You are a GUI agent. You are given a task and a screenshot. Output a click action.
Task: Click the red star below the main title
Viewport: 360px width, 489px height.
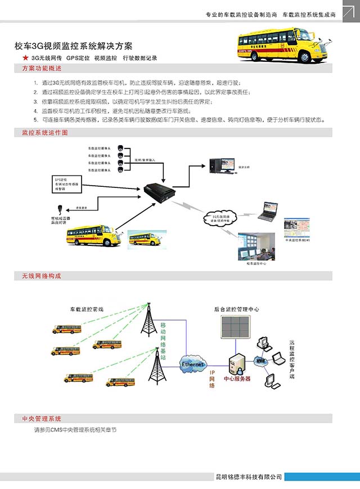pyautogui.click(x=25, y=58)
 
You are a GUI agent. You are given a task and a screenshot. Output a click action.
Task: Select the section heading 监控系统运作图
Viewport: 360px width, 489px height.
pyautogui.click(x=45, y=133)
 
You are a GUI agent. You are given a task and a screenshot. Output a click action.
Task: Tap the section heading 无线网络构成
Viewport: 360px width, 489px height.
pyautogui.click(x=42, y=276)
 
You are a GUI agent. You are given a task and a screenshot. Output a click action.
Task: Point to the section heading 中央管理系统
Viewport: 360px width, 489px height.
pyautogui.click(x=42, y=419)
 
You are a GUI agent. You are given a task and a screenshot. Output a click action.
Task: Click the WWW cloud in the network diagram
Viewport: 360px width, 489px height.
pyautogui.click(x=260, y=360)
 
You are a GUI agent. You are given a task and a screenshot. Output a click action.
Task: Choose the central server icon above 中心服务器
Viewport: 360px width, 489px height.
pyautogui.click(x=236, y=364)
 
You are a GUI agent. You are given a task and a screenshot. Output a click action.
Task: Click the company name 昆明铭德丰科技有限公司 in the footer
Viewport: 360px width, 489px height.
pyautogui.click(x=248, y=477)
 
